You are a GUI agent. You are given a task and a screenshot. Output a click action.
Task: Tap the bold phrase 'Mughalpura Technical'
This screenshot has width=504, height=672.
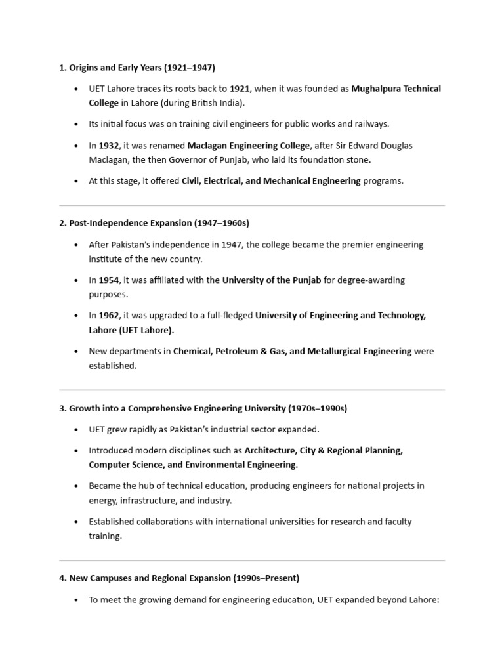point(396,89)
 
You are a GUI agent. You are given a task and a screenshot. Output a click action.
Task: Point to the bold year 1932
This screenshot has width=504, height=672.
point(109,145)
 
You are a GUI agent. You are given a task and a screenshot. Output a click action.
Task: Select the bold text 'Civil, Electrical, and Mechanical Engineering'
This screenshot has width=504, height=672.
point(271,180)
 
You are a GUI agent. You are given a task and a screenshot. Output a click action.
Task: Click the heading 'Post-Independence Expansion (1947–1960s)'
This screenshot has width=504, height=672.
point(154,223)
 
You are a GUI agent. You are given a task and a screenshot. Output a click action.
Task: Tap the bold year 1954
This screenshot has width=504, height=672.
point(109,280)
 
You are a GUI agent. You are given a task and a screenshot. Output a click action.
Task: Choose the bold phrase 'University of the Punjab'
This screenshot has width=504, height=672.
point(272,280)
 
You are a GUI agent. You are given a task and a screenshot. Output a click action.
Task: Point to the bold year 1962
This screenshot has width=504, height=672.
point(109,316)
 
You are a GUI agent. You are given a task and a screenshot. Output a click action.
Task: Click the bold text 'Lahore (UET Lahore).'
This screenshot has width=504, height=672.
point(132,330)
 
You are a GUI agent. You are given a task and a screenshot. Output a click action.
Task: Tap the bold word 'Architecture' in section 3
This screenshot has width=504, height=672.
point(269,451)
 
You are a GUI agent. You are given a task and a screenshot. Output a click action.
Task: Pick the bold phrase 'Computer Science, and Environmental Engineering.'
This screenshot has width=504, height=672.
point(194,465)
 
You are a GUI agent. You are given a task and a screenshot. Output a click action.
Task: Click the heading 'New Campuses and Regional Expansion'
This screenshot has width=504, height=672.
point(179,578)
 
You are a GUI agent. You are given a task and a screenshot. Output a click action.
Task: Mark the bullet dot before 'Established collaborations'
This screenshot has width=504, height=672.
point(77,522)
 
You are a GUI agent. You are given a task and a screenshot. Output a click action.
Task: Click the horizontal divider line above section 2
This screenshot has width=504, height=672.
point(252,205)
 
